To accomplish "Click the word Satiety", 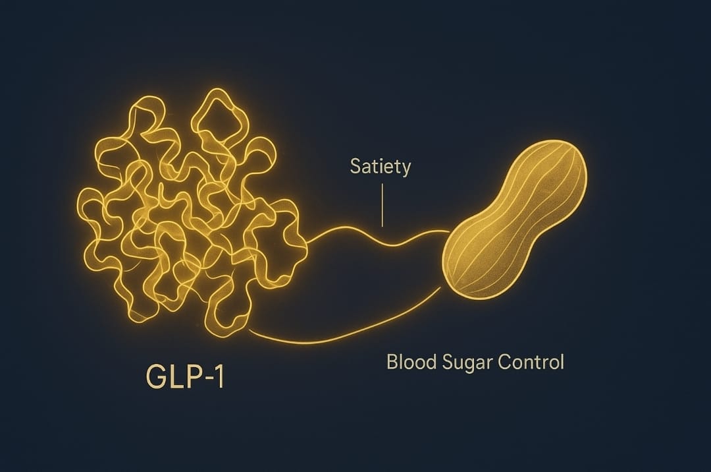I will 380,167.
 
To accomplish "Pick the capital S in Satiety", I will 355,166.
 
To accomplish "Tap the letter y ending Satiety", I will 406,169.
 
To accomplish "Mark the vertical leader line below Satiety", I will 382,205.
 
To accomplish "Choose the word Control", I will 533,362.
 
